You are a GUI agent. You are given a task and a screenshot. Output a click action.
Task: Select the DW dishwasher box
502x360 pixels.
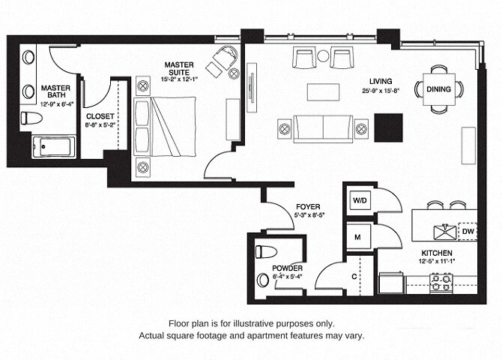[467, 232]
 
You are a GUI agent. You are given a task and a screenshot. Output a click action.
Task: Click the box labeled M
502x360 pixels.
[357, 237]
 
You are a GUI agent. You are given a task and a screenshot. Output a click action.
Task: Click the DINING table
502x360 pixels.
[438, 89]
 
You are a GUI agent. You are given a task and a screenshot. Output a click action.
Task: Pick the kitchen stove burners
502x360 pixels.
[441, 282]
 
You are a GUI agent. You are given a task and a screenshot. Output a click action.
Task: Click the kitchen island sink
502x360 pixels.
[444, 231]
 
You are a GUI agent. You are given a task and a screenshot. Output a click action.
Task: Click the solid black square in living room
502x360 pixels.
[388, 127]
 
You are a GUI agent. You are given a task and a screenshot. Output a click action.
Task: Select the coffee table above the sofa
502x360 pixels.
[323, 91]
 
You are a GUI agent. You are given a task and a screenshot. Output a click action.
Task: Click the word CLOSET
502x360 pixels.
[100, 116]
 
